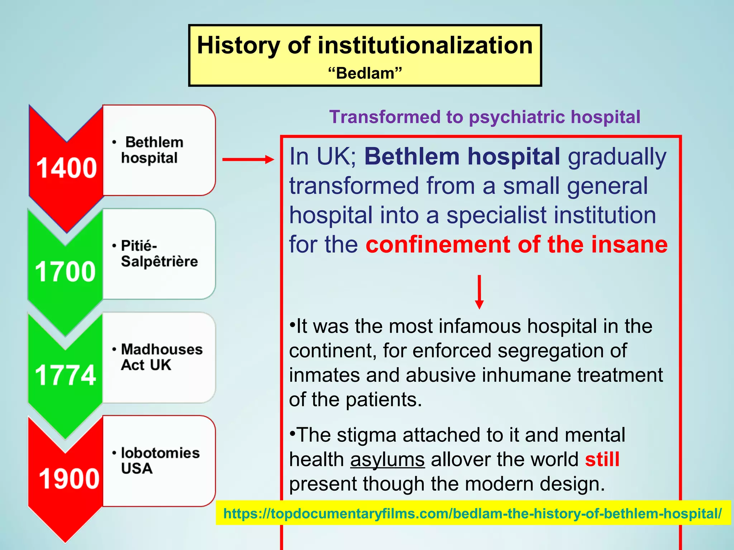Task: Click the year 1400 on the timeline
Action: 67,168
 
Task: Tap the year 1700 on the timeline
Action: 65,271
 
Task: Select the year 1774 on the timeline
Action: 65,375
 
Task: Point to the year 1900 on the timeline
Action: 69,478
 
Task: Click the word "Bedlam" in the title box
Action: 365,73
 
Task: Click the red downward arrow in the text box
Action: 479,292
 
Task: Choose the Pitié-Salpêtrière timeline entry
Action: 159,254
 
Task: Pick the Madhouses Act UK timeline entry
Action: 161,357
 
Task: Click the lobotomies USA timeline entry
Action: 160,460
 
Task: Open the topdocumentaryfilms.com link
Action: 472,513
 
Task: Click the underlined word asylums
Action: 387,459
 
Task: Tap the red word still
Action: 602,459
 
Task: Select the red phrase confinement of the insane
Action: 516,245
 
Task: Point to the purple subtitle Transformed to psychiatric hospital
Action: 485,117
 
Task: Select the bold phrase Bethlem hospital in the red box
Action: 462,156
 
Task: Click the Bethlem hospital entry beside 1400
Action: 152,150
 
